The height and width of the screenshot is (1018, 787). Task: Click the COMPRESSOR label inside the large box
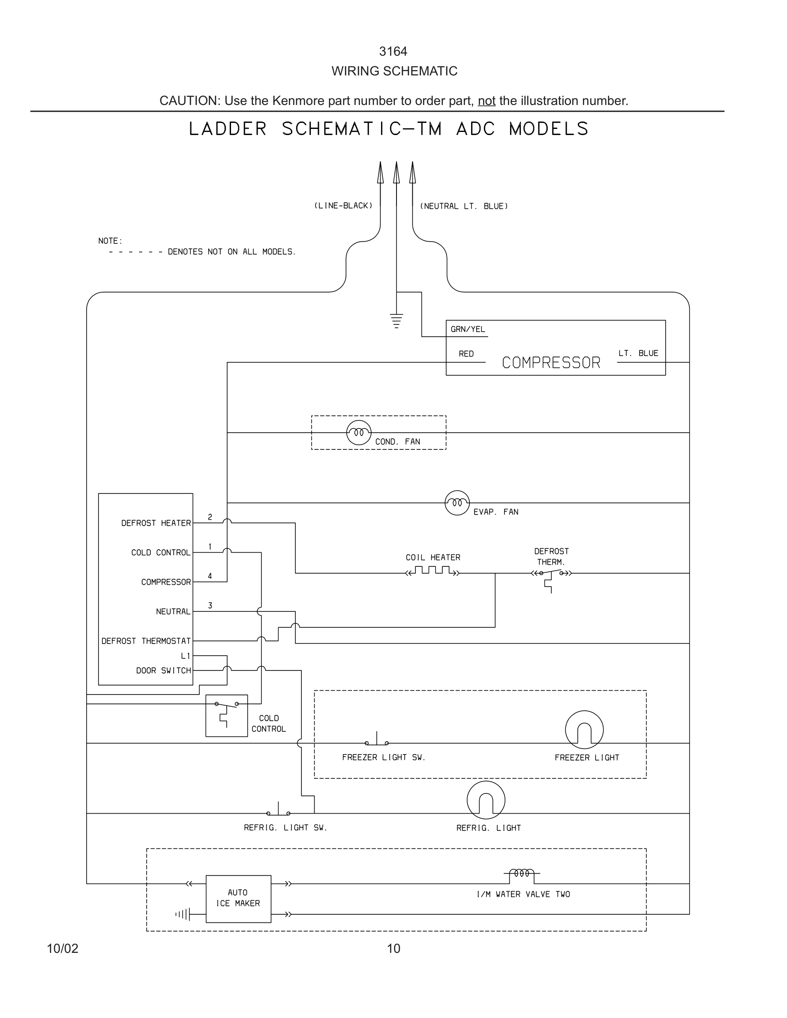[551, 362]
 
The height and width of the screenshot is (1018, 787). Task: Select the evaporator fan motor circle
[457, 503]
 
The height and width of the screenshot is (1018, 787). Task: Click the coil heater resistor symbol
[433, 571]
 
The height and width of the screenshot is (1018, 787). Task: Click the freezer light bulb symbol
[584, 730]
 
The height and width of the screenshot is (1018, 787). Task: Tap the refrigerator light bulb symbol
[486, 800]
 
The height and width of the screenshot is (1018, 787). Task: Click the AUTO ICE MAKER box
[238, 898]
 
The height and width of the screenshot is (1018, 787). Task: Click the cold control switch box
[227, 716]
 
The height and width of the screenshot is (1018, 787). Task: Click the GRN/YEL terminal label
[468, 329]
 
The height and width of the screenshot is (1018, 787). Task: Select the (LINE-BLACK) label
[343, 206]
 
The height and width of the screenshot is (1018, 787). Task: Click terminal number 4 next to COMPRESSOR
[210, 576]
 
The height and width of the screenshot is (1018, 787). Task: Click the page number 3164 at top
[393, 51]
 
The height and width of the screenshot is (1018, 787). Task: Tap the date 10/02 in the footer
[63, 948]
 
